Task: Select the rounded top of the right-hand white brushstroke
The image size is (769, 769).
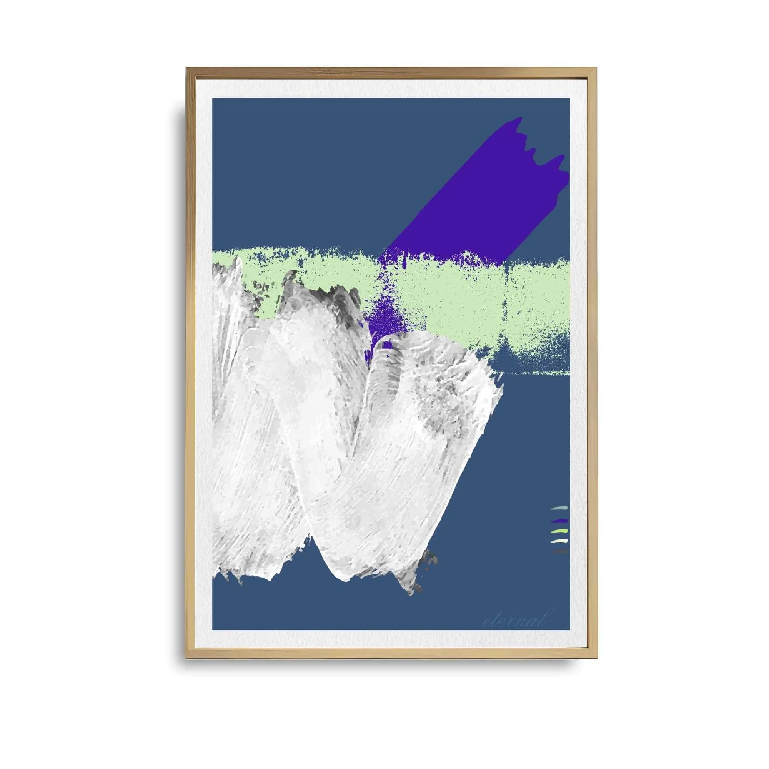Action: (402, 338)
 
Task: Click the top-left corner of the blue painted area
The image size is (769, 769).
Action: (213, 99)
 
